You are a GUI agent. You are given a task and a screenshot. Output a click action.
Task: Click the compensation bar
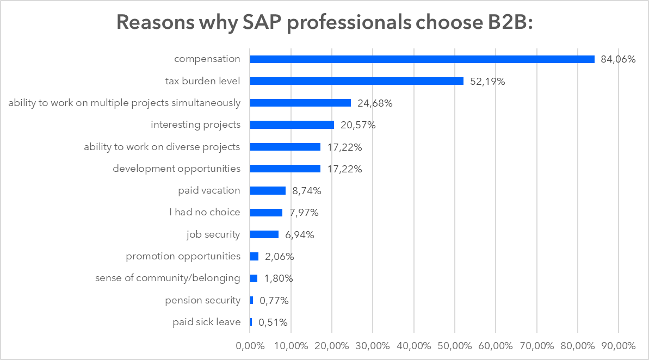(422, 59)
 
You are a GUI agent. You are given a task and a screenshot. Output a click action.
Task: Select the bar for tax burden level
(357, 81)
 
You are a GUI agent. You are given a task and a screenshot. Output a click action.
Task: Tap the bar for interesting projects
(292, 125)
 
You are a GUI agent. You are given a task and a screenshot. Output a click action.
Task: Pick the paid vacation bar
(268, 190)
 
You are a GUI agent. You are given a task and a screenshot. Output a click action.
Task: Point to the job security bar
(264, 234)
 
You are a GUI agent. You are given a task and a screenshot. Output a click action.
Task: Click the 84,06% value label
(618, 59)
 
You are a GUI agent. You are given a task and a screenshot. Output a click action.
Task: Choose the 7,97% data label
(304, 213)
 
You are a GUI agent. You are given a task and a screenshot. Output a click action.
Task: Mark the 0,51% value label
(273, 322)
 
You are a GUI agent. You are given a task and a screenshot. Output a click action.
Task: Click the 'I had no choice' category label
(205, 212)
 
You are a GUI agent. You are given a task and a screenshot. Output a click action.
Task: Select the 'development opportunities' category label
(176, 169)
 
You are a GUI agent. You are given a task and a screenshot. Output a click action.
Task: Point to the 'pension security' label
(202, 300)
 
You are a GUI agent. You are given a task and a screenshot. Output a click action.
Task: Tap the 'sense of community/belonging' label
(168, 278)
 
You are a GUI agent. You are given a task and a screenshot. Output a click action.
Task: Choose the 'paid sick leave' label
(206, 322)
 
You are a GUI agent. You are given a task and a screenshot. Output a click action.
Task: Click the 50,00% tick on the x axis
(455, 345)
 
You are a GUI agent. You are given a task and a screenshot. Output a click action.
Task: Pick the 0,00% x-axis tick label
(250, 345)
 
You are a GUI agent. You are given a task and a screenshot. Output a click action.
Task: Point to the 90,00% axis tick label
(619, 345)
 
